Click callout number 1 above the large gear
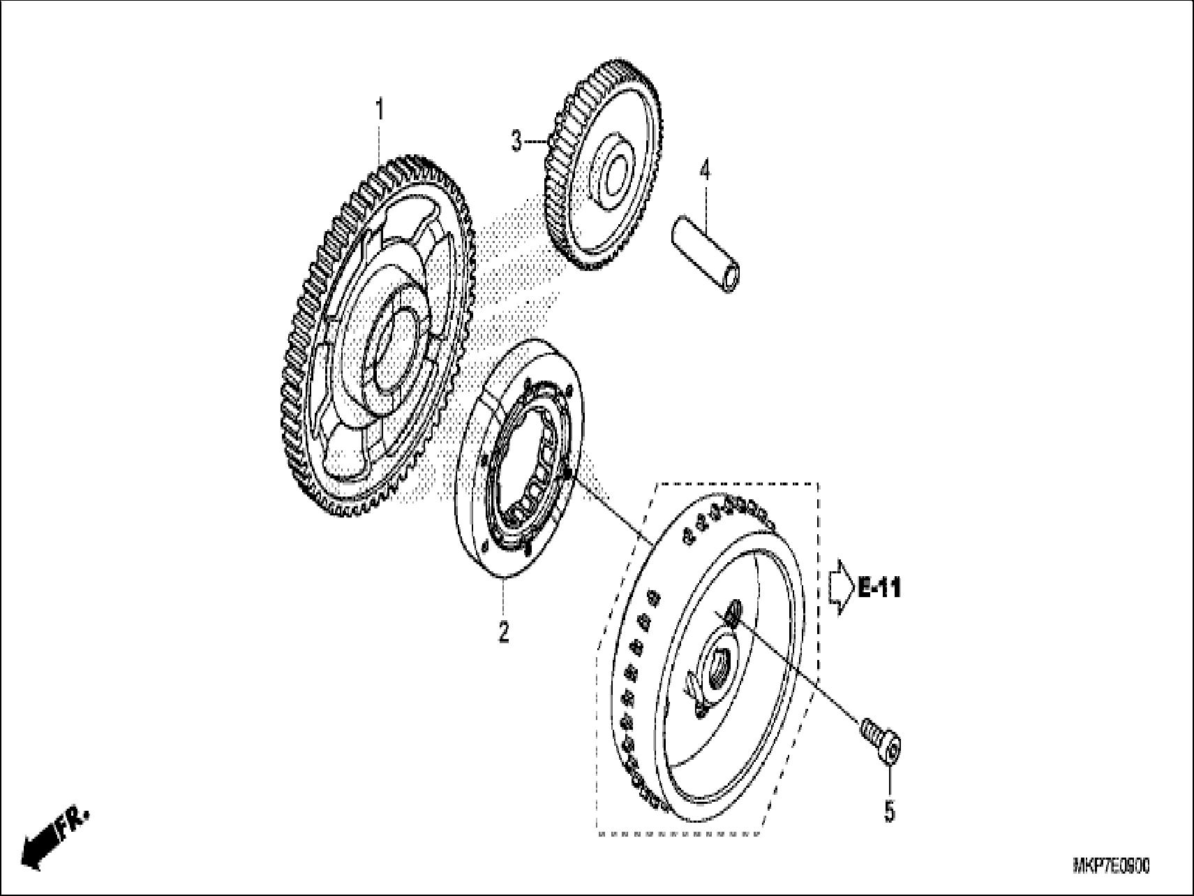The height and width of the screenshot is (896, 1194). coord(380,110)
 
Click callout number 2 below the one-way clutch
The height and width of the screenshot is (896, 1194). coord(503,632)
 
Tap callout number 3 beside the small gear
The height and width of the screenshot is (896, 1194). coord(516,142)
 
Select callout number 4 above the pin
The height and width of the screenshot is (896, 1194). coord(705,170)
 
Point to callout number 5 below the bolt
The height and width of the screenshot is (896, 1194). coord(889,811)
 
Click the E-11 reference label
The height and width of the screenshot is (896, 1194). coord(879,589)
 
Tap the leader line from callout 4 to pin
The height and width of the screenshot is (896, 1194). coord(705,203)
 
